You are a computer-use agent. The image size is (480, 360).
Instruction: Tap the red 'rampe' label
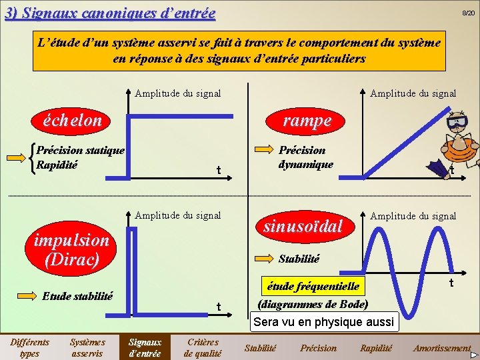[307, 120]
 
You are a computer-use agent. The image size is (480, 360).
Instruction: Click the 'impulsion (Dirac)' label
[71, 249]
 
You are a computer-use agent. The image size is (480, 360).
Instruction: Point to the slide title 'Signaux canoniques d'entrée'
[110, 13]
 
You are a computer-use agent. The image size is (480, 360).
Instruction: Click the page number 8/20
[469, 13]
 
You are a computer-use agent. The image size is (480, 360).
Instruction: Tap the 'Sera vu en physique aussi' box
[324, 322]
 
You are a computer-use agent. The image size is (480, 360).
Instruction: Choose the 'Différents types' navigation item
[29, 347]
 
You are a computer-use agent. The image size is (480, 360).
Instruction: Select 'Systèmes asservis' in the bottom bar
[87, 347]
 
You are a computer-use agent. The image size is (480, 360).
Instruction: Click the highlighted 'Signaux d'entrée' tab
[145, 347]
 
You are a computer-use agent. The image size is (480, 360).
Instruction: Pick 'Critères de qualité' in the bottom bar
[203, 347]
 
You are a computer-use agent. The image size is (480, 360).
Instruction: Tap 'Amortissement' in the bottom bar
[441, 348]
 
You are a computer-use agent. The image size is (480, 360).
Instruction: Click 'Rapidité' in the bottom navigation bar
[377, 348]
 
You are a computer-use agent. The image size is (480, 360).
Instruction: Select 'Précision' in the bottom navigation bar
[319, 348]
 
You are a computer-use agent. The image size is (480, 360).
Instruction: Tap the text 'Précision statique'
[80, 150]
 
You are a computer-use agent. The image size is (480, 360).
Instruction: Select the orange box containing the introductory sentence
[239, 51]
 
